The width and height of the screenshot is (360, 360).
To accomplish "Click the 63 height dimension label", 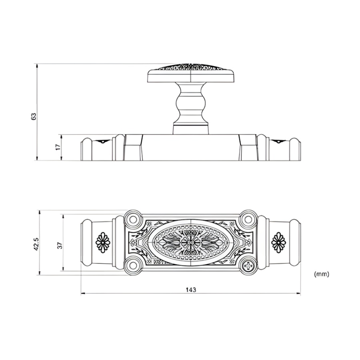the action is (x=34, y=116).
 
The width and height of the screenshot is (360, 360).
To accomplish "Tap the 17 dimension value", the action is (x=58, y=147).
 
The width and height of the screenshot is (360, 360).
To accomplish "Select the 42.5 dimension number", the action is (x=37, y=244).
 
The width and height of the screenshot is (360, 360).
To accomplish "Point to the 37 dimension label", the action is (x=60, y=245).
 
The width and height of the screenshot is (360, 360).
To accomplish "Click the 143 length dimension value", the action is (x=191, y=290).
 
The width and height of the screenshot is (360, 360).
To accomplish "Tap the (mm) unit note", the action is (x=321, y=274).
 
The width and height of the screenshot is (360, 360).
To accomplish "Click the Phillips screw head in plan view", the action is (x=248, y=266).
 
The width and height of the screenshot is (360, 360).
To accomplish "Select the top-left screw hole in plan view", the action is (x=133, y=219).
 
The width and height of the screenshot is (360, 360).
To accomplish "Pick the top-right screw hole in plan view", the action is (x=248, y=219).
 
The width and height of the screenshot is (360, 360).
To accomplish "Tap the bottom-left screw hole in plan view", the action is (x=133, y=266).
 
